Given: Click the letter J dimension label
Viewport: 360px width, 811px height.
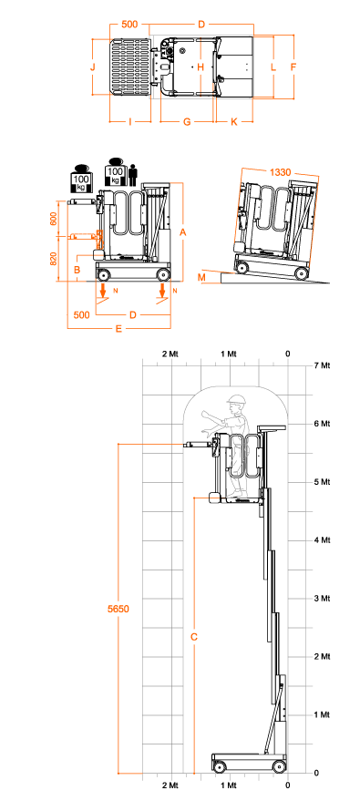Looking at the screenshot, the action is tap(93, 67).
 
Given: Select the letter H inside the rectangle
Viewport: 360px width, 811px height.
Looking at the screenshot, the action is tap(201, 67).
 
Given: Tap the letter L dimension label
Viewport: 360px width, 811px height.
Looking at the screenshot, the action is tap(273, 67).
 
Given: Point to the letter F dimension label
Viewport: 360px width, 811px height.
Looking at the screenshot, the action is tap(293, 67).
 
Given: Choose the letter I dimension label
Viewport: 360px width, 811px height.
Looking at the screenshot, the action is tap(130, 121).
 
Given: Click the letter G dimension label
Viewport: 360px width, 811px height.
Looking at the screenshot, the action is tap(187, 121).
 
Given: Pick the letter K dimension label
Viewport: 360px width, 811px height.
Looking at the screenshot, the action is tap(234, 121).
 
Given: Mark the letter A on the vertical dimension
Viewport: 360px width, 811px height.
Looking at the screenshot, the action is tap(183, 232).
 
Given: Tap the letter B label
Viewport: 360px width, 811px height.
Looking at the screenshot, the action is tap(77, 270).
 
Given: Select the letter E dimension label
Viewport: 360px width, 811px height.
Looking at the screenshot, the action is tap(118, 328).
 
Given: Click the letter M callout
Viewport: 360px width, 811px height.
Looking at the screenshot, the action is tap(201, 277).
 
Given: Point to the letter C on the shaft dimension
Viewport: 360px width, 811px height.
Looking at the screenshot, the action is tap(194, 637).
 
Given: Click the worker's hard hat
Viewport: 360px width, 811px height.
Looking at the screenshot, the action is tap(237, 400).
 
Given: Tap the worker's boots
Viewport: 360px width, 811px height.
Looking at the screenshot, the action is tap(237, 494).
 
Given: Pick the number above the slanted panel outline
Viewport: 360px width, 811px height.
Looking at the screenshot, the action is tap(280, 172).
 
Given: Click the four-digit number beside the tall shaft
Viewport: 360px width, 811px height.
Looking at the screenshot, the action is tap(118, 609).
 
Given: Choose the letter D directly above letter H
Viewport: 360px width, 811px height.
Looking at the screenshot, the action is tap(201, 25).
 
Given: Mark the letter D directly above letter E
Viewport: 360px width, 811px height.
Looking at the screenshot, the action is tap(133, 315).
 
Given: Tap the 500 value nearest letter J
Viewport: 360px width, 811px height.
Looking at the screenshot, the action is tap(129, 25).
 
